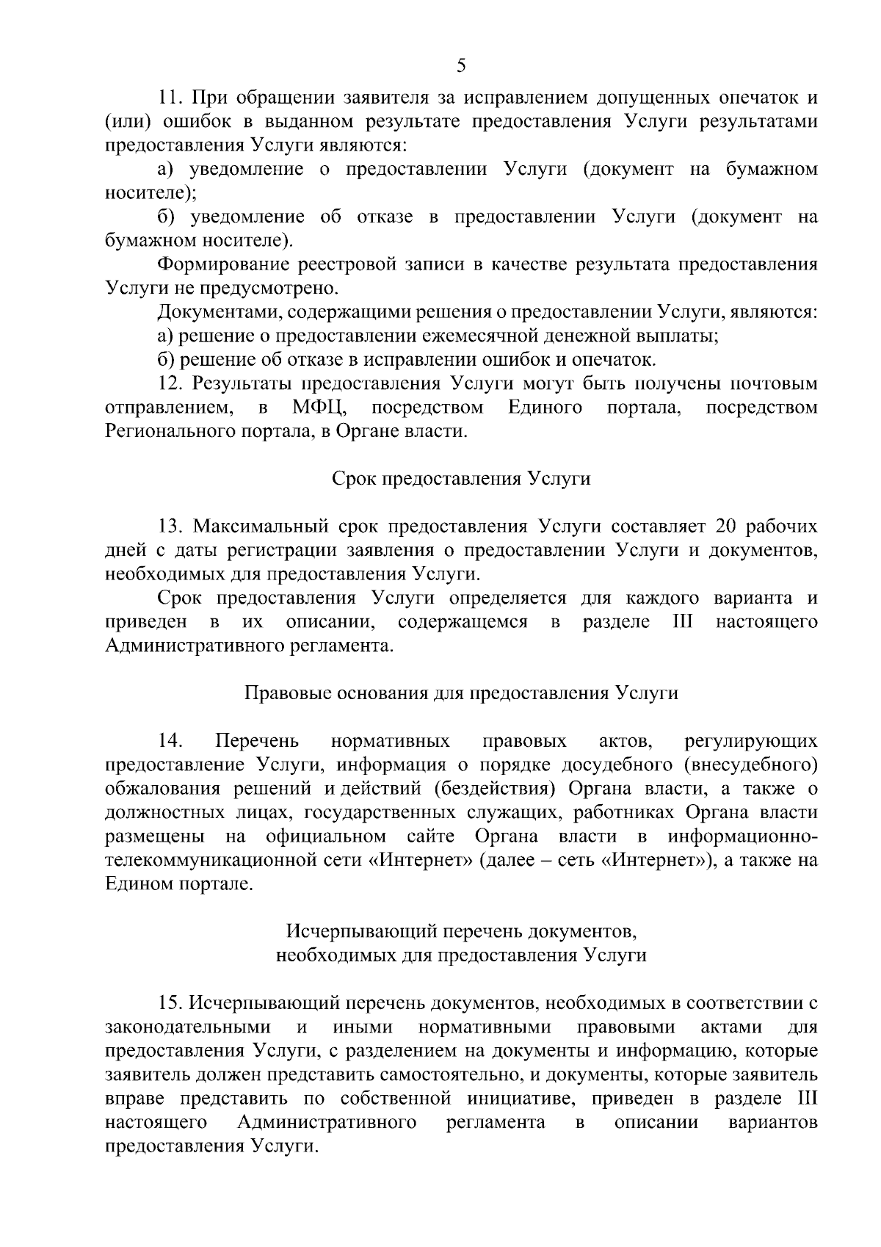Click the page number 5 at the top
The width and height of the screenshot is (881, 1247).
click(461, 66)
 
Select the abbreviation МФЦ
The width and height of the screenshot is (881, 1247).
click(319, 408)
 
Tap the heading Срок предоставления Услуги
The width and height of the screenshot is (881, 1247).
click(461, 479)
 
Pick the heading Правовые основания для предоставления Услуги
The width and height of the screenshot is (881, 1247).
click(461, 693)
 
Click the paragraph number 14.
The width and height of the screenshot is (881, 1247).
click(170, 741)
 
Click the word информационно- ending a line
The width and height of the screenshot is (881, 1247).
click(742, 836)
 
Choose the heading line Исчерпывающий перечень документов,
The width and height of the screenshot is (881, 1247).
click(461, 932)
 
